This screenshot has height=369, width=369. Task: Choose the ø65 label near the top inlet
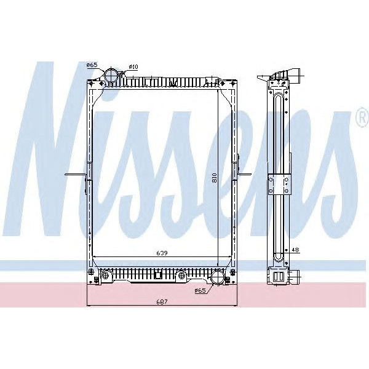[92, 65]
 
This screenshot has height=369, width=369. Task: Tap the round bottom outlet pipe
[218, 278]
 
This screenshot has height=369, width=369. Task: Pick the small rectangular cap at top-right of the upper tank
[214, 80]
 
